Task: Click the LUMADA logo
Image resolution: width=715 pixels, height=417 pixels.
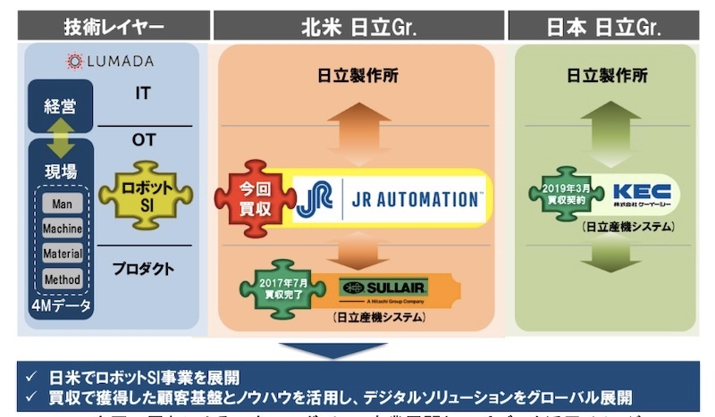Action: [111, 61]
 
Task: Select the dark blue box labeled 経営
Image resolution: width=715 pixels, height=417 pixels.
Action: [61, 106]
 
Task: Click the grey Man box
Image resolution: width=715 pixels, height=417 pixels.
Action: [62, 204]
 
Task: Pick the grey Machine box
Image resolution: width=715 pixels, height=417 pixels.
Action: [62, 229]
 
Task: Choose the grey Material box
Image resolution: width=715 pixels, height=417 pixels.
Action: [62, 254]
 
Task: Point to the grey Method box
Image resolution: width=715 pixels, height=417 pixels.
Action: [62, 279]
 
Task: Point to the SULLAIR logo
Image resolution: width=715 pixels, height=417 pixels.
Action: [384, 288]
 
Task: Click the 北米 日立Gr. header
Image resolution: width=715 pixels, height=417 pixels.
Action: [357, 26]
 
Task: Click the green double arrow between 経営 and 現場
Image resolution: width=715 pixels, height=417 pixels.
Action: [61, 138]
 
